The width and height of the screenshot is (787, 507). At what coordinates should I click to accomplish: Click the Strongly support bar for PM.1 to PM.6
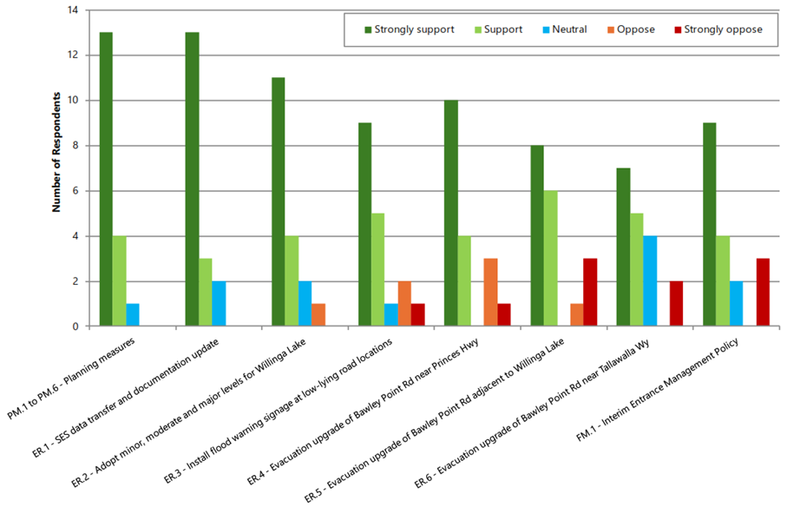tap(106, 179)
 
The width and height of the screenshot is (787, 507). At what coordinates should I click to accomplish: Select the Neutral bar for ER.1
tap(219, 304)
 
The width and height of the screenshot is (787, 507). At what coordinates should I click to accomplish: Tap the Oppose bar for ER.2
tap(318, 315)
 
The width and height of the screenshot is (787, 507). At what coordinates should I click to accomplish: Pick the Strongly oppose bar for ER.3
tap(418, 315)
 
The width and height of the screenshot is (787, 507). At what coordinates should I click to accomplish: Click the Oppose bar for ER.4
tap(491, 293)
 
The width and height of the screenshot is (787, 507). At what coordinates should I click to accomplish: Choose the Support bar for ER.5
tap(550, 259)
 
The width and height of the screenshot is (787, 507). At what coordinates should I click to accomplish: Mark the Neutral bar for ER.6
tap(650, 281)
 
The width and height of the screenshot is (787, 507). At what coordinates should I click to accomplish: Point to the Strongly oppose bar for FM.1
tap(764, 293)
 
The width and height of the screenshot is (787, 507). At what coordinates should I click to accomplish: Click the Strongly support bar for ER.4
tap(450, 214)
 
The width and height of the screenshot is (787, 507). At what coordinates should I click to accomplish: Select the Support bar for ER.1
tap(206, 293)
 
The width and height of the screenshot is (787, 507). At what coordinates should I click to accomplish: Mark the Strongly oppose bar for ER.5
tap(590, 293)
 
